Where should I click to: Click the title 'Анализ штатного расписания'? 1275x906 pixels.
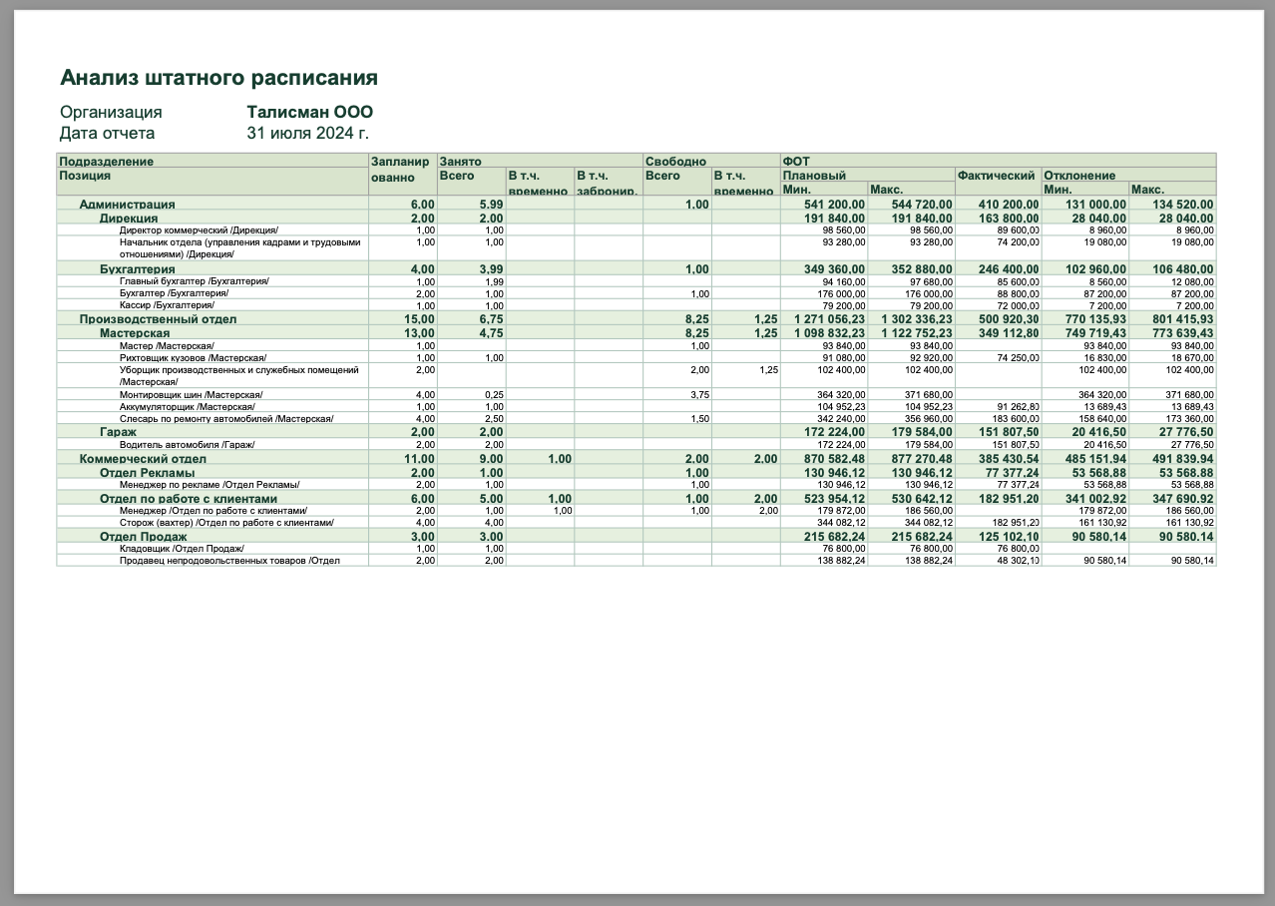tap(218, 78)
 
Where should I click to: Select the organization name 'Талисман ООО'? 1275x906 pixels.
tap(309, 113)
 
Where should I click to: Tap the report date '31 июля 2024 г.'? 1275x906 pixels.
tap(307, 133)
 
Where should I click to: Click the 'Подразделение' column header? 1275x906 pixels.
tap(107, 161)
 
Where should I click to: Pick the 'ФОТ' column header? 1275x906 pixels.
tap(796, 161)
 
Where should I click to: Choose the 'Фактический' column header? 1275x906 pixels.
tap(996, 176)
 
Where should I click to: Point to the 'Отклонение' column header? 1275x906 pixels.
tap(1078, 176)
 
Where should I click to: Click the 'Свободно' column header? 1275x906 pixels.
tap(675, 161)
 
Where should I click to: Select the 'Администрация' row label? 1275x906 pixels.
tap(127, 205)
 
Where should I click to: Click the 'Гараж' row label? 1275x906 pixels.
tap(118, 432)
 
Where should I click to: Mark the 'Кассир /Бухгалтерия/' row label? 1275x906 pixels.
tap(167, 305)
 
